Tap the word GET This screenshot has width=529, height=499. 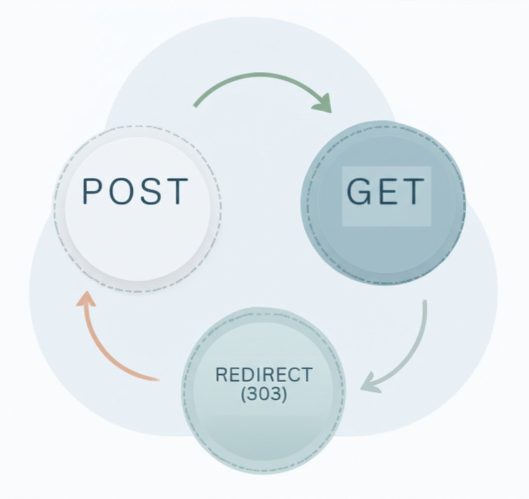point(385,192)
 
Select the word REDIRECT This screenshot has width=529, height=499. point(263,374)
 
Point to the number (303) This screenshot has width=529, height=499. point(263,394)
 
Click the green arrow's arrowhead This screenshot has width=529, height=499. point(323,103)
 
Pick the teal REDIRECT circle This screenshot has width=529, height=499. point(263,429)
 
